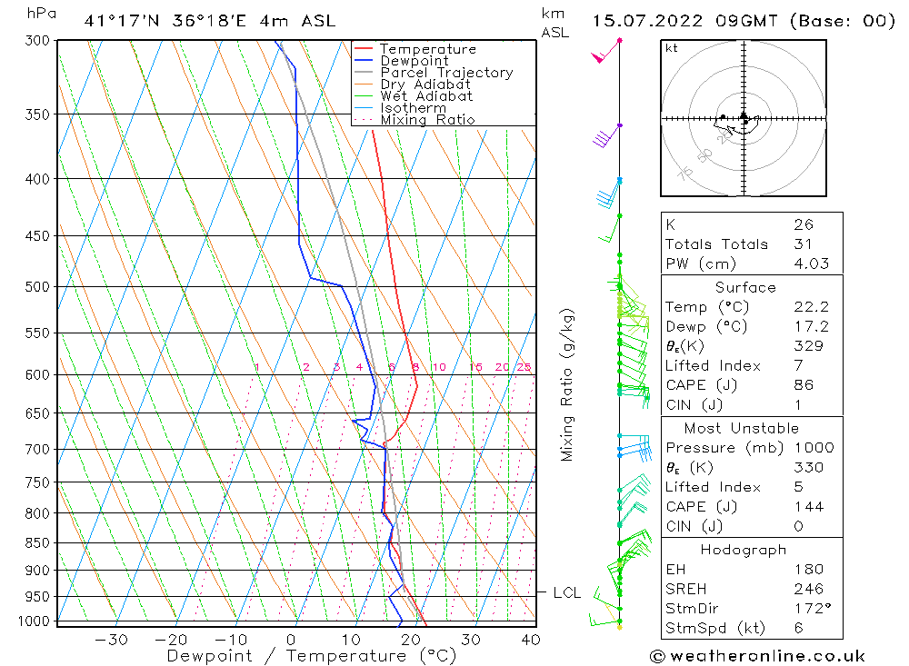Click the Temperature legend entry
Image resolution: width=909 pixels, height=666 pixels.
[426, 49]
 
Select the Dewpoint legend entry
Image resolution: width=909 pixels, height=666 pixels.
[414, 61]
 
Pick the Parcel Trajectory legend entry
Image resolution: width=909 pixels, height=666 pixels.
[445, 73]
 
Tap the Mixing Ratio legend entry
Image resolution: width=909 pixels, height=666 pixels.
[426, 119]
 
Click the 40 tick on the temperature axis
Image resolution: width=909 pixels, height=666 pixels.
[531, 640]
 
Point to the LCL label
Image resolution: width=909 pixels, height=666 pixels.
[566, 593]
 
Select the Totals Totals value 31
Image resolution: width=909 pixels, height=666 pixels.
[803, 244]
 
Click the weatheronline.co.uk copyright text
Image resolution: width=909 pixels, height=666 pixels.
[757, 655]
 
